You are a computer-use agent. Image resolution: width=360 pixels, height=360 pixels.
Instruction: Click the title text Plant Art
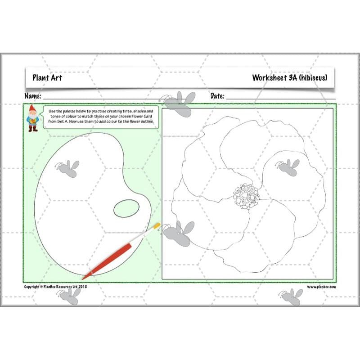pos(47,78)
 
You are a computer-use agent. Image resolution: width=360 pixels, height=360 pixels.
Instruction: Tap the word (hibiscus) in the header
pos(311,78)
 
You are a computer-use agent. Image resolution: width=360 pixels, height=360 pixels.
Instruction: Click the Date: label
pos(218,96)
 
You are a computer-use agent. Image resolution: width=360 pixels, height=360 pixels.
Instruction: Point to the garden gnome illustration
pos(32,118)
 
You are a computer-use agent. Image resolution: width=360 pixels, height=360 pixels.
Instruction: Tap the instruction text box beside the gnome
pos(101,116)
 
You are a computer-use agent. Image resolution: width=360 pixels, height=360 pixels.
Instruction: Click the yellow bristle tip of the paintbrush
pos(157,226)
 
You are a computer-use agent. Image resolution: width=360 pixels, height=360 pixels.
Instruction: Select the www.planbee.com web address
pos(321,287)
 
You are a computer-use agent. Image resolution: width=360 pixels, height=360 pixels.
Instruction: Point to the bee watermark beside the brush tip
pos(179,230)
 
